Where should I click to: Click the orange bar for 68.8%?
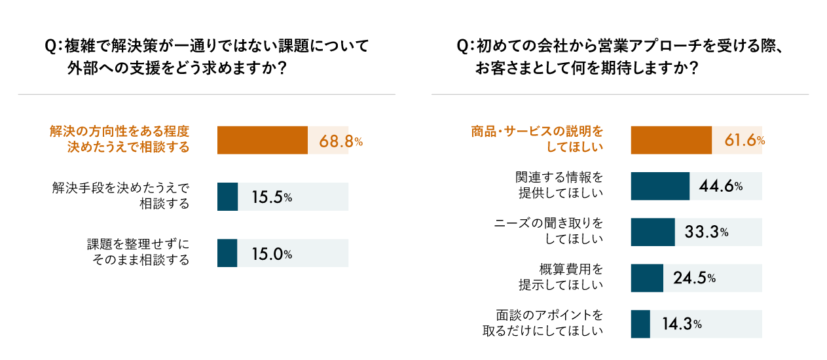(262, 140)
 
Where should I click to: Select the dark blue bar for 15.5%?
(227, 196)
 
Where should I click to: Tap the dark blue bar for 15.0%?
(227, 253)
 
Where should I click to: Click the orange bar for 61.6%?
(671, 140)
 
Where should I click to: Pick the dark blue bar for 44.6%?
(660, 186)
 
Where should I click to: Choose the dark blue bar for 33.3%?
(653, 232)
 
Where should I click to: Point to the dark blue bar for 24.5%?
(647, 278)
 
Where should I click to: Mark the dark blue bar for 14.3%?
(640, 324)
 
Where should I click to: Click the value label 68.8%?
(340, 141)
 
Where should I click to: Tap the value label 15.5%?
(272, 197)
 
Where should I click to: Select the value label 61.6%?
(744, 140)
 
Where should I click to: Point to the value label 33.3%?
(707, 232)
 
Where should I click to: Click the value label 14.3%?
(682, 324)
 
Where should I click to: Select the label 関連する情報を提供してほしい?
(559, 185)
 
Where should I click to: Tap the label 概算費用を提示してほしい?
(561, 277)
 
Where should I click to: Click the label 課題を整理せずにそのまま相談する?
(138, 252)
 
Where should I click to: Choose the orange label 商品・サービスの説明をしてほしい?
(537, 139)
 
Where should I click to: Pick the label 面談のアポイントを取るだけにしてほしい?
(543, 323)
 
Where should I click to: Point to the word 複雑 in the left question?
(80, 46)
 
